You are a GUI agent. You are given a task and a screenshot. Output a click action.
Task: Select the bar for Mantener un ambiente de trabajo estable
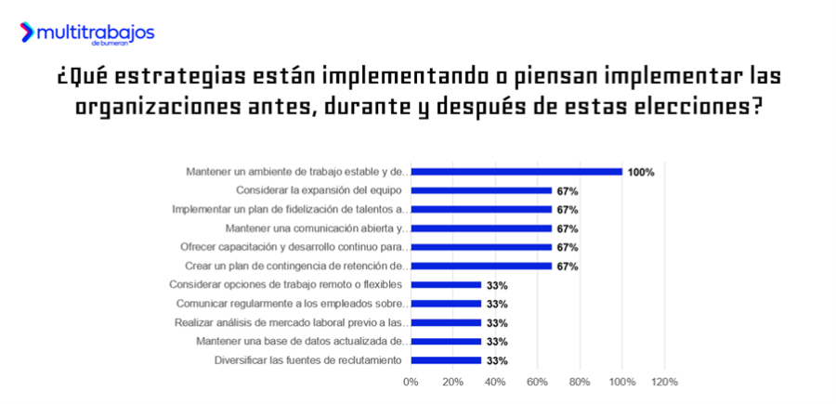pos(516,172)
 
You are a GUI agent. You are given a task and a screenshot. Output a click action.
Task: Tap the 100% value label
pos(641,172)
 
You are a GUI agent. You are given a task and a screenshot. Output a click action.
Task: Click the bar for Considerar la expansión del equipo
pos(481,190)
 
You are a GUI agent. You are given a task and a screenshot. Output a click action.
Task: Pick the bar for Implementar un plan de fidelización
pos(481,210)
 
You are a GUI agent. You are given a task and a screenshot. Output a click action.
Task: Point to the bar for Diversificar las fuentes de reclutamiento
pos(446,360)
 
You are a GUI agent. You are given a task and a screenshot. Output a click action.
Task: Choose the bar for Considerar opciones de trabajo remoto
pos(446,285)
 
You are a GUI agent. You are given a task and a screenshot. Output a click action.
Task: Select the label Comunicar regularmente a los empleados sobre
pos(291,304)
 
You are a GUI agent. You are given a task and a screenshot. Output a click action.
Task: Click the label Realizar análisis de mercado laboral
pos(290,322)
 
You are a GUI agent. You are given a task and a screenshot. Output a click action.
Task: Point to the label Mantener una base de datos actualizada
pos(301,342)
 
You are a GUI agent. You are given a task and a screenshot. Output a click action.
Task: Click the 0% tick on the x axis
pos(411,382)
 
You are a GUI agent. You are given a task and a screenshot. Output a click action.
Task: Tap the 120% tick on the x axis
pos(665,382)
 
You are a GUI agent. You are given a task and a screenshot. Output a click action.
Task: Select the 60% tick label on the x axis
pos(538,382)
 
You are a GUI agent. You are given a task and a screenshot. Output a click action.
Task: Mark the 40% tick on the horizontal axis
pos(495,382)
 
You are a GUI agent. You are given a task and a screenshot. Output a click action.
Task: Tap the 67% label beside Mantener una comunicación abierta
pos(568,228)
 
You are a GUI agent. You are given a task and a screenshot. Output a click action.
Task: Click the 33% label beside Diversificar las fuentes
pos(497,360)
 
